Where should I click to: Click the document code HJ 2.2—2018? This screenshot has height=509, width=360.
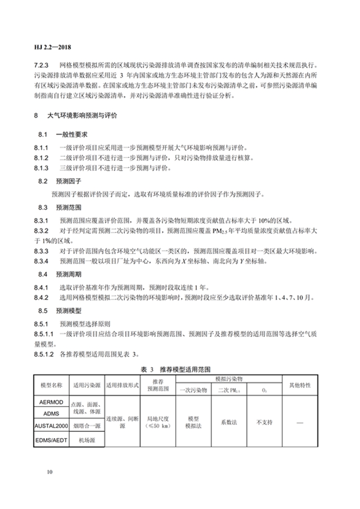tap(53, 47)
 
